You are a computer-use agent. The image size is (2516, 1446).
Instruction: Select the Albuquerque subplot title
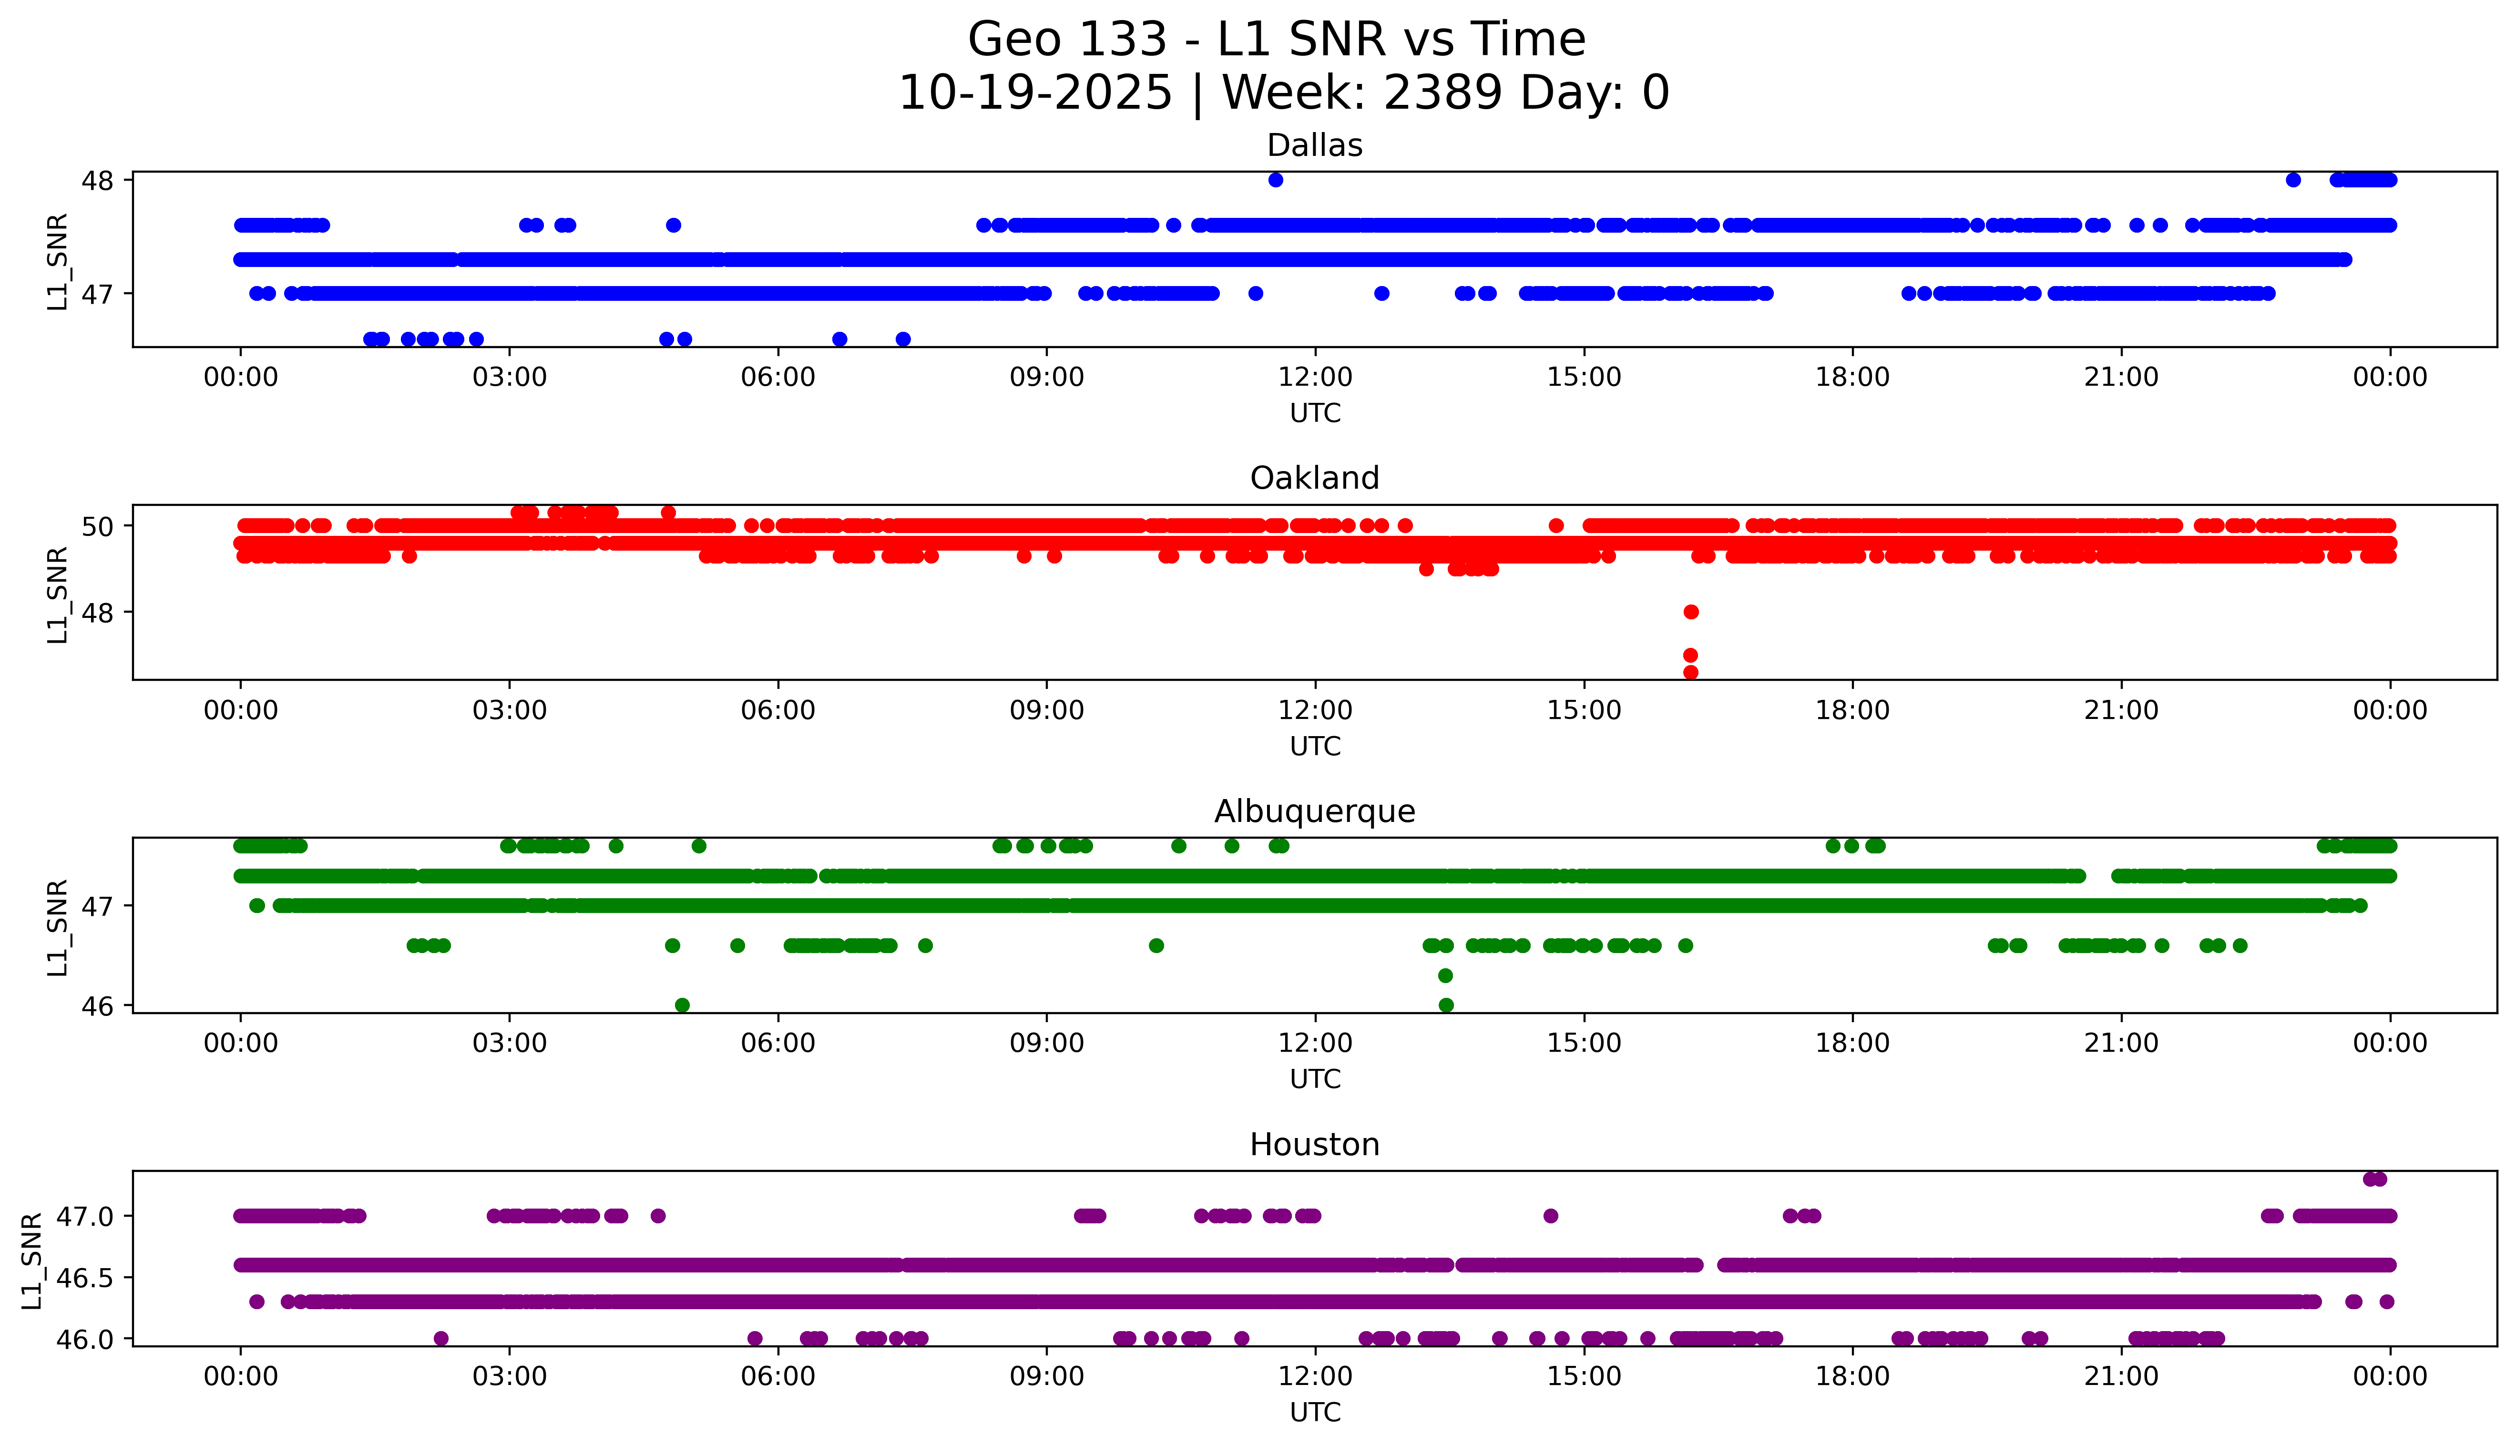(1315, 811)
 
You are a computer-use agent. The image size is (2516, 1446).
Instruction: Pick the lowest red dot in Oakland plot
(1691, 672)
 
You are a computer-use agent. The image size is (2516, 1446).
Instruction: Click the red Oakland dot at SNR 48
(1691, 612)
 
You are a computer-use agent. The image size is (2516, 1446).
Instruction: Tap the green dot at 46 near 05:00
(682, 1005)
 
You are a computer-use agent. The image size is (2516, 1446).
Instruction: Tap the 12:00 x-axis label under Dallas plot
(1315, 378)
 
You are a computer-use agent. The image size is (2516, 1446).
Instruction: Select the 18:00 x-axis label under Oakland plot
(1853, 710)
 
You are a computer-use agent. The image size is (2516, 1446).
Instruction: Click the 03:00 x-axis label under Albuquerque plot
(510, 1043)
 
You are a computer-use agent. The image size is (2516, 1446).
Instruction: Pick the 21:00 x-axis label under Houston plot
(2122, 1376)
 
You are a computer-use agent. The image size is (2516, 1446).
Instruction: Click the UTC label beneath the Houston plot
(1315, 1412)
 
